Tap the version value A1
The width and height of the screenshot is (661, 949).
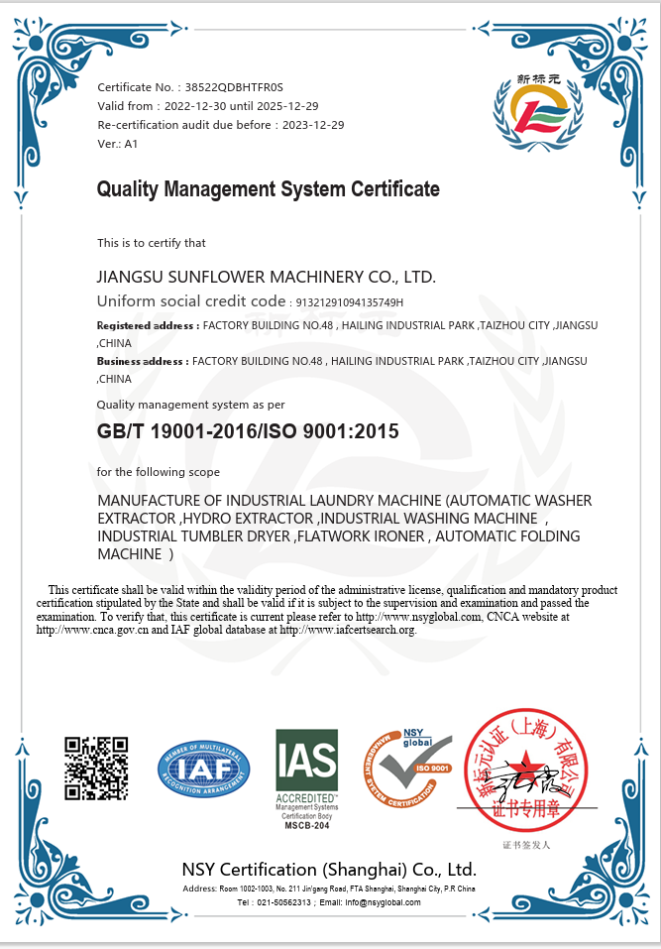pyautogui.click(x=131, y=144)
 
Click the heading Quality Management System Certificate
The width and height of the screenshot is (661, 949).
pyautogui.click(x=268, y=189)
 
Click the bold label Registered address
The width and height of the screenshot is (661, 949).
pyautogui.click(x=147, y=325)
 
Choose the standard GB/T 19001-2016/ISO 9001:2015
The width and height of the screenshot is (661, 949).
pyautogui.click(x=247, y=431)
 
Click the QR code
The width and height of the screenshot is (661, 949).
pyautogui.click(x=97, y=768)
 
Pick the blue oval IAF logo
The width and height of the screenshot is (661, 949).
pyautogui.click(x=204, y=770)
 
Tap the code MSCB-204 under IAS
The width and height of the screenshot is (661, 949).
pyautogui.click(x=306, y=825)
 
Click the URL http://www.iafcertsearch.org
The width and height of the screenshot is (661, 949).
pyautogui.click(x=348, y=630)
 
